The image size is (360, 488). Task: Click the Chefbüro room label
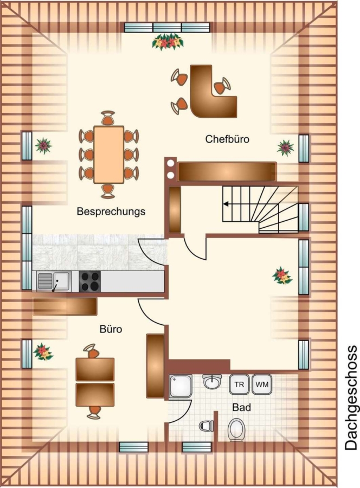click(x=227, y=139)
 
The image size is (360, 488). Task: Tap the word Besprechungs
click(x=111, y=211)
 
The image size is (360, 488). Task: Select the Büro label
click(x=111, y=329)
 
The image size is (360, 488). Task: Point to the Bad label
click(x=242, y=407)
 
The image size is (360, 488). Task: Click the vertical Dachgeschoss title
click(x=351, y=397)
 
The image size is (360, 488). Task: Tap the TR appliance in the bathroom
click(x=239, y=384)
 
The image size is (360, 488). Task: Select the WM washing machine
click(x=262, y=384)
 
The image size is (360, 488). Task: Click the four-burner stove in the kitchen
click(x=89, y=281)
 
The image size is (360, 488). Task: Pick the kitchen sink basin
click(x=61, y=281)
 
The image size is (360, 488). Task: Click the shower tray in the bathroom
click(x=181, y=386)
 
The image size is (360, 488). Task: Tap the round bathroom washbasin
click(x=212, y=382)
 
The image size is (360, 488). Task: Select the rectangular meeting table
click(x=109, y=155)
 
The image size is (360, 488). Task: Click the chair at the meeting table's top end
click(x=108, y=118)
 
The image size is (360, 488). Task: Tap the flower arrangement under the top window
click(x=168, y=42)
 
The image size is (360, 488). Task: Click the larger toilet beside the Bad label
click(x=236, y=429)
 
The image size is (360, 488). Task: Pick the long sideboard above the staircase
click(x=227, y=171)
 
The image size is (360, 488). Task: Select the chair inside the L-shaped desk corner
click(x=222, y=86)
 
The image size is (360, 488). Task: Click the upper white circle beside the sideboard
click(x=170, y=163)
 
